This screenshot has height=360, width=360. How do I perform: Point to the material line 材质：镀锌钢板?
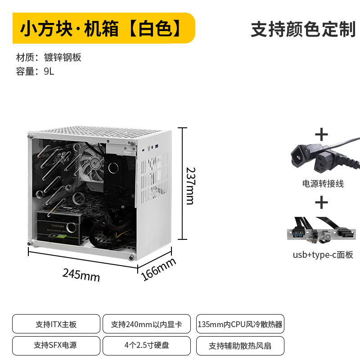[49, 57]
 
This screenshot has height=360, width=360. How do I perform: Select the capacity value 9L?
[49, 71]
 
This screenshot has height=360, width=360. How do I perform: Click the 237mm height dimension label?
[191, 185]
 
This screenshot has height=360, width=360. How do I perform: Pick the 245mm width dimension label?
[81, 274]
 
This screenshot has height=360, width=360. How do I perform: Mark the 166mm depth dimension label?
[159, 270]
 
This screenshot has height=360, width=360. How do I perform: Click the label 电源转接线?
[323, 184]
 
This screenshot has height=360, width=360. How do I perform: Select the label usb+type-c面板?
[323, 255]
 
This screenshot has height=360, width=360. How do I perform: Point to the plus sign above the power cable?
[321, 134]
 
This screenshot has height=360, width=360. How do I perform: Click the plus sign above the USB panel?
[321, 203]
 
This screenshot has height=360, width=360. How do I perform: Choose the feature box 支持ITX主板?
[56, 324]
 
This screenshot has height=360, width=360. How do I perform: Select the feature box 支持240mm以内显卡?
[147, 324]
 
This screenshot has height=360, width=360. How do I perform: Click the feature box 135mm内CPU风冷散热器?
[240, 324]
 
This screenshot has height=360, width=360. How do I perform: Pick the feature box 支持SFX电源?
[56, 346]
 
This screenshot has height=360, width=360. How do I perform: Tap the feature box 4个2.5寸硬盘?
[147, 346]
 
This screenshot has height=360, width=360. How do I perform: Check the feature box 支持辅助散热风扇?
[240, 346]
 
